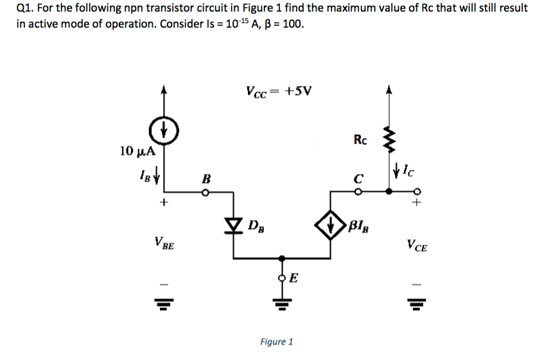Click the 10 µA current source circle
[164, 132]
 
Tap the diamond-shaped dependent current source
[331, 225]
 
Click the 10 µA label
[137, 151]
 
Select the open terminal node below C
[360, 191]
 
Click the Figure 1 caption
[277, 341]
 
